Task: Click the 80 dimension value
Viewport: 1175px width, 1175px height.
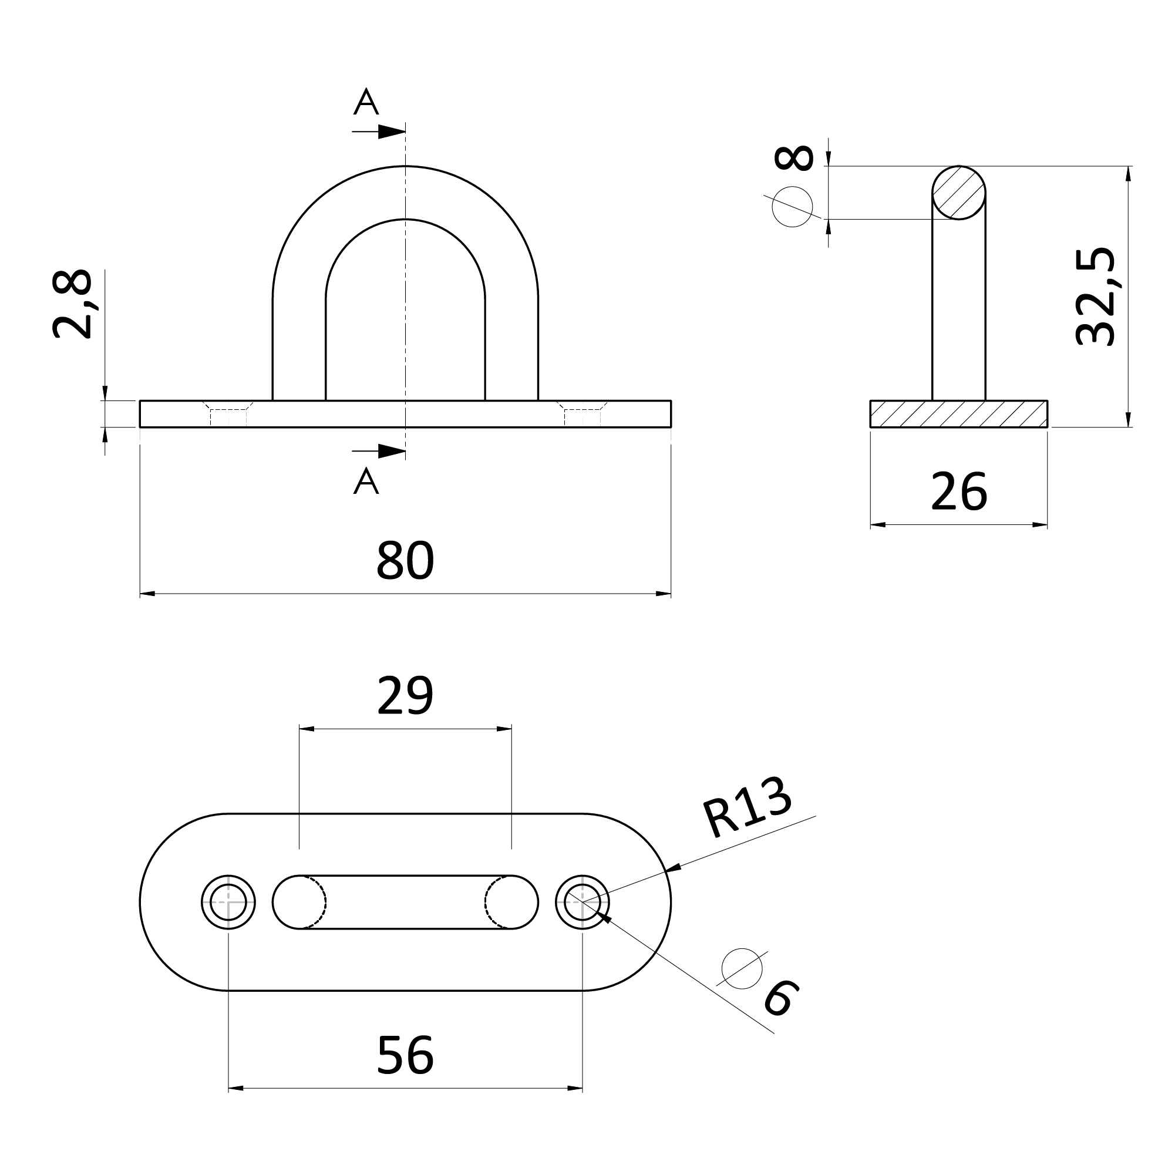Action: [405, 560]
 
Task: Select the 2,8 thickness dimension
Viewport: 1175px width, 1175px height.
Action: [72, 304]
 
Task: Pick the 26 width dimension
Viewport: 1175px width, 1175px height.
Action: [958, 491]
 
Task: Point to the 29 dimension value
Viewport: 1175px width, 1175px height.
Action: [405, 695]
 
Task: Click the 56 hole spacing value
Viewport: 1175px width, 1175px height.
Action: [405, 1055]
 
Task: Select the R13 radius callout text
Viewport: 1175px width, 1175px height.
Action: [748, 808]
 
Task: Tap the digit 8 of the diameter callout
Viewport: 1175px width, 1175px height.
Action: [794, 157]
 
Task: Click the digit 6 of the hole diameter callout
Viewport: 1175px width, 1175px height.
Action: [781, 998]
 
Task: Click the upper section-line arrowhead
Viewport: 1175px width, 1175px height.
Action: [392, 132]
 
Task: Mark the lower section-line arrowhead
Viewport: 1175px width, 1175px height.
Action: [392, 451]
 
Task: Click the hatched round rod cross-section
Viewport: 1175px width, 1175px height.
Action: [958, 193]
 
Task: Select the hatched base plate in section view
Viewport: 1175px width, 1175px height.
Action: [958, 414]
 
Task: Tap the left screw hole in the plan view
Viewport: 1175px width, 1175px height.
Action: [228, 903]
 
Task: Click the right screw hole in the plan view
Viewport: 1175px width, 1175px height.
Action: [583, 903]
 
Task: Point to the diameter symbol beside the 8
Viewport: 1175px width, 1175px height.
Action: [793, 207]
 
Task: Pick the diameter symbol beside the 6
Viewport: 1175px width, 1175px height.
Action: [742, 969]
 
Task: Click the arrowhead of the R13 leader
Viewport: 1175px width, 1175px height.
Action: [673, 868]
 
